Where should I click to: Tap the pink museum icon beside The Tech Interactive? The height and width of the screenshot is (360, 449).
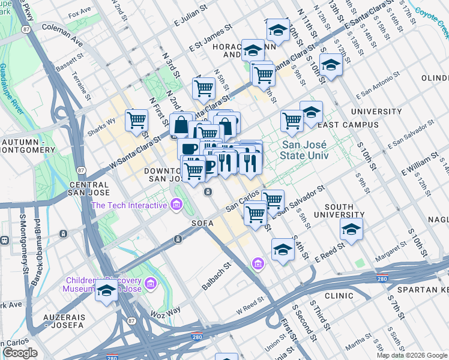(x=176, y=206)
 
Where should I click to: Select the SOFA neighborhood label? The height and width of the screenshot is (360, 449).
(x=202, y=222)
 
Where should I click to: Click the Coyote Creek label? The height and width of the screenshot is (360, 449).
(x=431, y=12)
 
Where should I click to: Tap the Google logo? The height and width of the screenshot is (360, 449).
(x=20, y=353)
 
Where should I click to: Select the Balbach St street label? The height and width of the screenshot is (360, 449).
(x=217, y=276)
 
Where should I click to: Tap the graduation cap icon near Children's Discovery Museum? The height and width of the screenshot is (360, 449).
(x=106, y=292)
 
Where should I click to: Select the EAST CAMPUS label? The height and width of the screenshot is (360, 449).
(x=339, y=125)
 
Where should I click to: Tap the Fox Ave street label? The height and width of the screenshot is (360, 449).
(x=80, y=12)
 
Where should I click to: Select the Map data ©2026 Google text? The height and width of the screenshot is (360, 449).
(x=411, y=355)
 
